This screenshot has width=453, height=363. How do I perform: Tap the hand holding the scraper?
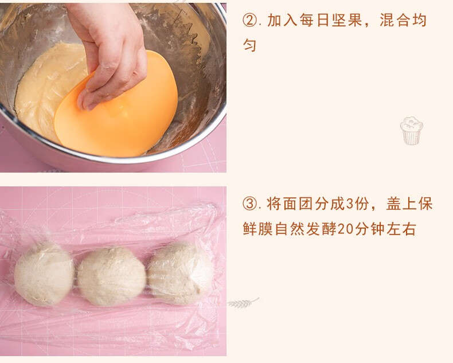pyautogui.click(x=110, y=52)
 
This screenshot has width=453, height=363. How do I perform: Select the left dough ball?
pyautogui.click(x=44, y=274)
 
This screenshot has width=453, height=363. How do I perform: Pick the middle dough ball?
pyautogui.click(x=111, y=276)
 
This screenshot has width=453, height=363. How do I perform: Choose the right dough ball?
pyautogui.click(x=180, y=273)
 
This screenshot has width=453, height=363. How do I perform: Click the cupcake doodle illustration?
pyautogui.click(x=411, y=130)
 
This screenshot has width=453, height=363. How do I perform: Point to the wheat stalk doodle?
pyautogui.click(x=243, y=303)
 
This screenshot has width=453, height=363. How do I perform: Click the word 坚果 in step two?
pyautogui.click(x=346, y=20)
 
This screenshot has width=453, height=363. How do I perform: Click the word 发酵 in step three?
pyautogui.click(x=321, y=229)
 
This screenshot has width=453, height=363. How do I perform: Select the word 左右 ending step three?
pyautogui.click(x=401, y=229)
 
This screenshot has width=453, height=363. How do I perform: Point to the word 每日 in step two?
pyautogui.click(x=314, y=20)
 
